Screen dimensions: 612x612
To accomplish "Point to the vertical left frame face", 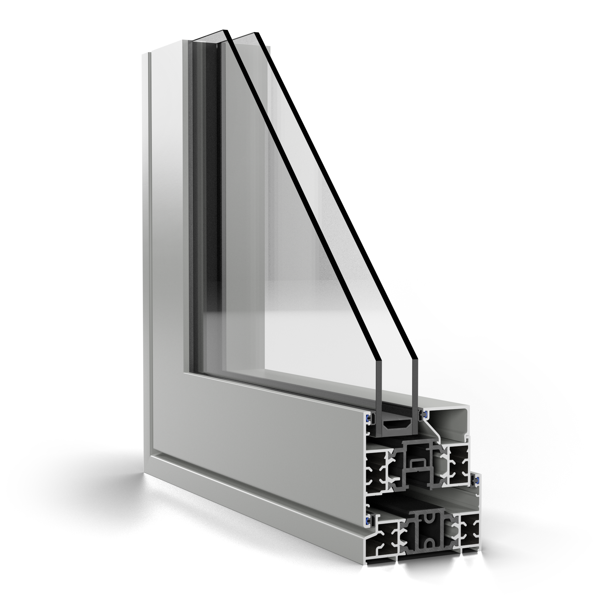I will (165, 222).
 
